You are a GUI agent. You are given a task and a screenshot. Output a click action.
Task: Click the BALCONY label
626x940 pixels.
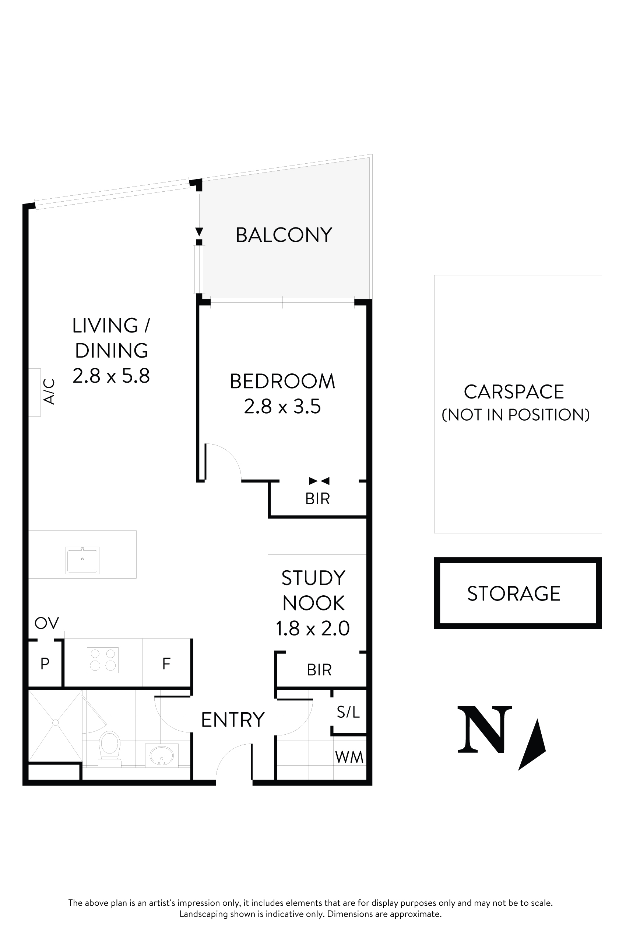pyautogui.click(x=284, y=235)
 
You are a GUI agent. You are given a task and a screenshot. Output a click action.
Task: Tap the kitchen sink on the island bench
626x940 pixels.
pyautogui.click(x=82, y=560)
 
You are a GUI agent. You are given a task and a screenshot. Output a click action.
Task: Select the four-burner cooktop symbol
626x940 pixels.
pyautogui.click(x=103, y=660)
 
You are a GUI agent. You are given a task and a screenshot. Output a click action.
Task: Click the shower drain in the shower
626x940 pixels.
pyautogui.click(x=56, y=723)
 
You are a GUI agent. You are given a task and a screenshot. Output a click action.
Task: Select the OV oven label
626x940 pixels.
pyautogui.click(x=47, y=623)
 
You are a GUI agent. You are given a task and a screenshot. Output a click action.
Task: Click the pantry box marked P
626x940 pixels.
pyautogui.click(x=45, y=664)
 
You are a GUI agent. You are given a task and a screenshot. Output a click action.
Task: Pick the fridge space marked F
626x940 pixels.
pyautogui.click(x=166, y=664)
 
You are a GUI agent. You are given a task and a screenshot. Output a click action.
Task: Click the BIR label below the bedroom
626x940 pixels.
pyautogui.click(x=317, y=499)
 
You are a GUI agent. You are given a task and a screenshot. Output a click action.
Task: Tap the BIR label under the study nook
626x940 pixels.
pyautogui.click(x=319, y=670)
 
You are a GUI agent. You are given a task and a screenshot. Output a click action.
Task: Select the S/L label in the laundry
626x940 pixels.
pyautogui.click(x=348, y=712)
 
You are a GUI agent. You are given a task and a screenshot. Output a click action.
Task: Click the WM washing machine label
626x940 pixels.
pyautogui.click(x=349, y=757)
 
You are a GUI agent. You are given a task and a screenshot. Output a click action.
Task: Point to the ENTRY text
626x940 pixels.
pyautogui.click(x=233, y=720)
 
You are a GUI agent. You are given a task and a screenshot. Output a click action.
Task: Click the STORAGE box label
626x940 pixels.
pyautogui.click(x=514, y=593)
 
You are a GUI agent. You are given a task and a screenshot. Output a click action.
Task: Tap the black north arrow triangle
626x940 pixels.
pyautogui.click(x=534, y=746)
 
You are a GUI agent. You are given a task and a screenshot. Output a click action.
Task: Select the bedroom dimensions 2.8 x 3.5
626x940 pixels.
pyautogui.click(x=282, y=407)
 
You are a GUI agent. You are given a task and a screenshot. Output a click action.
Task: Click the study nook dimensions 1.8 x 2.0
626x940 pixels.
pyautogui.click(x=313, y=628)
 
